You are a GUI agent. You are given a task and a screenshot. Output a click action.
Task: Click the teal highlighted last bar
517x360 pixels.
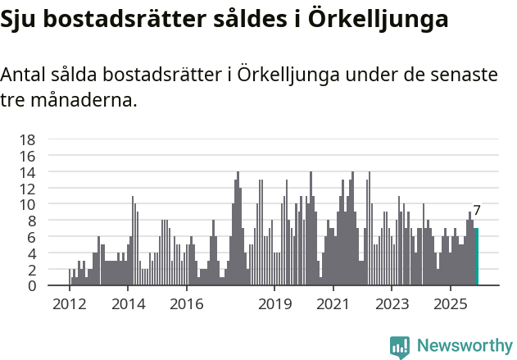(477, 257)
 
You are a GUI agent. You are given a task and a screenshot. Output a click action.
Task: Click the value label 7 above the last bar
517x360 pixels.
(477, 211)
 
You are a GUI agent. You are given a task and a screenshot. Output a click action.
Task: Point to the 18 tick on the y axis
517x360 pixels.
(28, 139)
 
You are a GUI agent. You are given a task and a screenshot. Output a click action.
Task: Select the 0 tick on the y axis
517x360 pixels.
(32, 286)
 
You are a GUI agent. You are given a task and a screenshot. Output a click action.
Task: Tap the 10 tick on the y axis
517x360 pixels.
(28, 204)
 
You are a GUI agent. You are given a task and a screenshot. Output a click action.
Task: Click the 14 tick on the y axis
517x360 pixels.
(28, 172)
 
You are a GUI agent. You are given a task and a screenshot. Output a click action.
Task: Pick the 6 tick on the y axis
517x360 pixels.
(32, 237)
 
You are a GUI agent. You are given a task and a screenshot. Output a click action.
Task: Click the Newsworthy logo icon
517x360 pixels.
(400, 347)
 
